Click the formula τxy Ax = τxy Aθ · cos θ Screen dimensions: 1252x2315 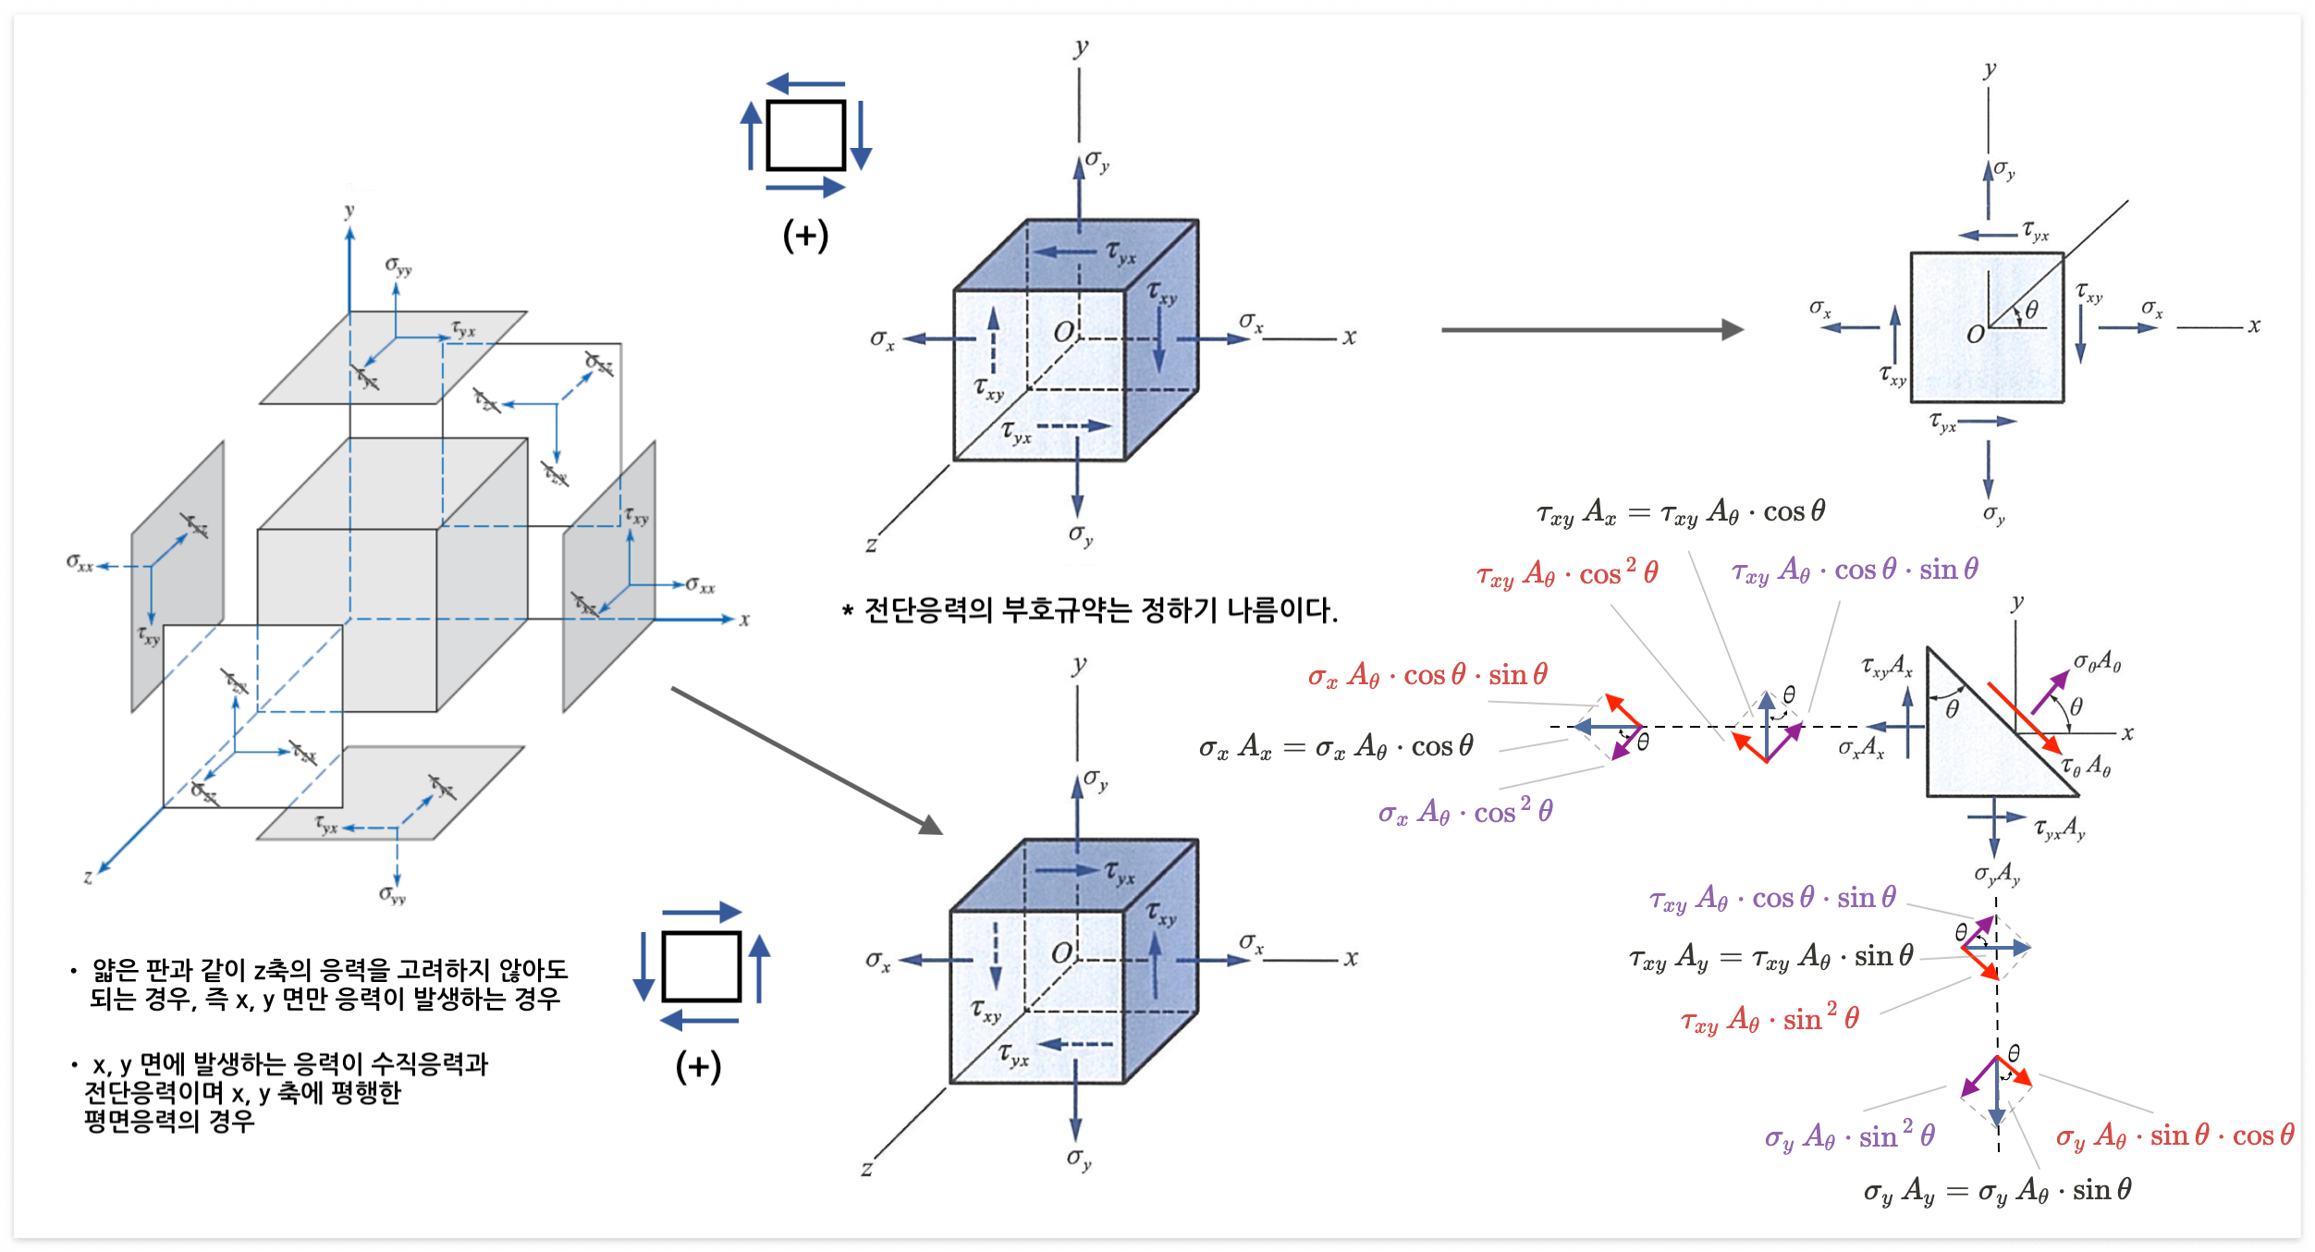tap(1680, 512)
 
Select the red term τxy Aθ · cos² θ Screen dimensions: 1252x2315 tap(1567, 574)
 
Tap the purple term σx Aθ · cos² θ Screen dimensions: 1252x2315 tap(1465, 812)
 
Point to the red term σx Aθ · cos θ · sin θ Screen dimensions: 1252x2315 tap(1427, 675)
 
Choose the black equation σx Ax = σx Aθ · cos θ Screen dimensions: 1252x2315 tap(1336, 746)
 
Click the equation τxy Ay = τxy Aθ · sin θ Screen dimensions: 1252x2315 tap(1770, 956)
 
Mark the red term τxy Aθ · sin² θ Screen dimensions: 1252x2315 tap(1770, 1019)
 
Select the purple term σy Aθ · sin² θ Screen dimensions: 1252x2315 tap(1849, 1135)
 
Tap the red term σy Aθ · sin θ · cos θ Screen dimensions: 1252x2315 tap(2174, 1135)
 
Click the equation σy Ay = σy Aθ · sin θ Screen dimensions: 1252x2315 tap(1997, 1191)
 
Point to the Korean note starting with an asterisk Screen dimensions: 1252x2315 tap(1090, 610)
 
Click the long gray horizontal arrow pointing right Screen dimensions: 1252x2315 tap(1591, 329)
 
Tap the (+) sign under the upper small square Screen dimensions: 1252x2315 tap(805, 236)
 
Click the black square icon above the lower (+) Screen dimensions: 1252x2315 tap(702, 966)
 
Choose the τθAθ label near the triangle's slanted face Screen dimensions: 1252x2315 tap(2087, 767)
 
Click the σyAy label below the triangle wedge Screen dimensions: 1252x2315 tap(1997, 874)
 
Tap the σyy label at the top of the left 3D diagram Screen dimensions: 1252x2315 tap(398, 267)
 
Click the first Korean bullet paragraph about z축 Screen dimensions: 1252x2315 tap(324, 984)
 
